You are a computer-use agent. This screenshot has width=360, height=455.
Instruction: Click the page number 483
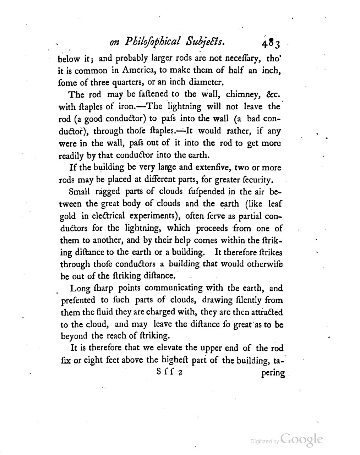pos(272,44)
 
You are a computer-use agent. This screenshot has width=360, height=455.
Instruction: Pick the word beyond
pos(73,336)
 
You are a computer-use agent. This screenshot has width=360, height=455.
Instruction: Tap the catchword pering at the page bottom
pos(273,373)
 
